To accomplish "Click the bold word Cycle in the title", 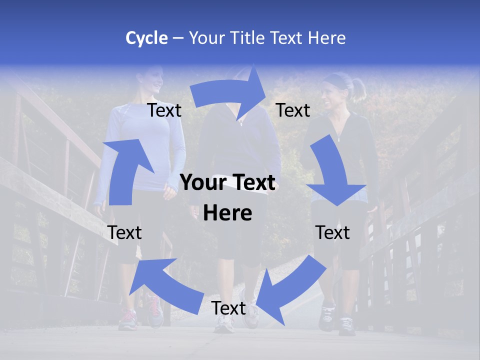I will [x=146, y=38].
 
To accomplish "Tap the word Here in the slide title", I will [x=326, y=38].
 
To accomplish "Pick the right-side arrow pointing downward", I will [x=335, y=175].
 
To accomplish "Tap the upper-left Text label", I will [x=164, y=110].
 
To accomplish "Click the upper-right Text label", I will [x=293, y=110].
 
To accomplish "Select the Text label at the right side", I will [x=332, y=232].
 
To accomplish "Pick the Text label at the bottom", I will [x=228, y=308].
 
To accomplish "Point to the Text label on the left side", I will [x=124, y=232].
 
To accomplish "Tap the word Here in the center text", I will [x=227, y=213].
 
